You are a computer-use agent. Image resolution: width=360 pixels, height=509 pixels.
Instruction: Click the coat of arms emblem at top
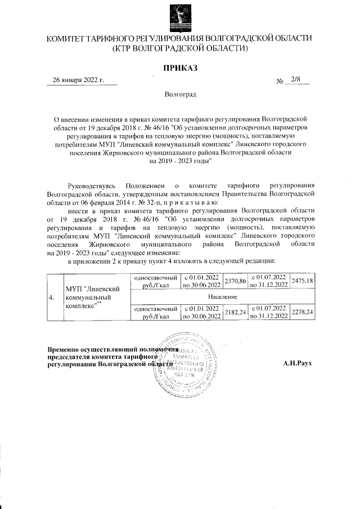(179, 17)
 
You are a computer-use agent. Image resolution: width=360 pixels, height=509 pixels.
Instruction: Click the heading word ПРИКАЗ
(179, 68)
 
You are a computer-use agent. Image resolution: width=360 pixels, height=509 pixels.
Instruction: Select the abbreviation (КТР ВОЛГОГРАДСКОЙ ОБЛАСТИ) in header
(179, 48)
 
